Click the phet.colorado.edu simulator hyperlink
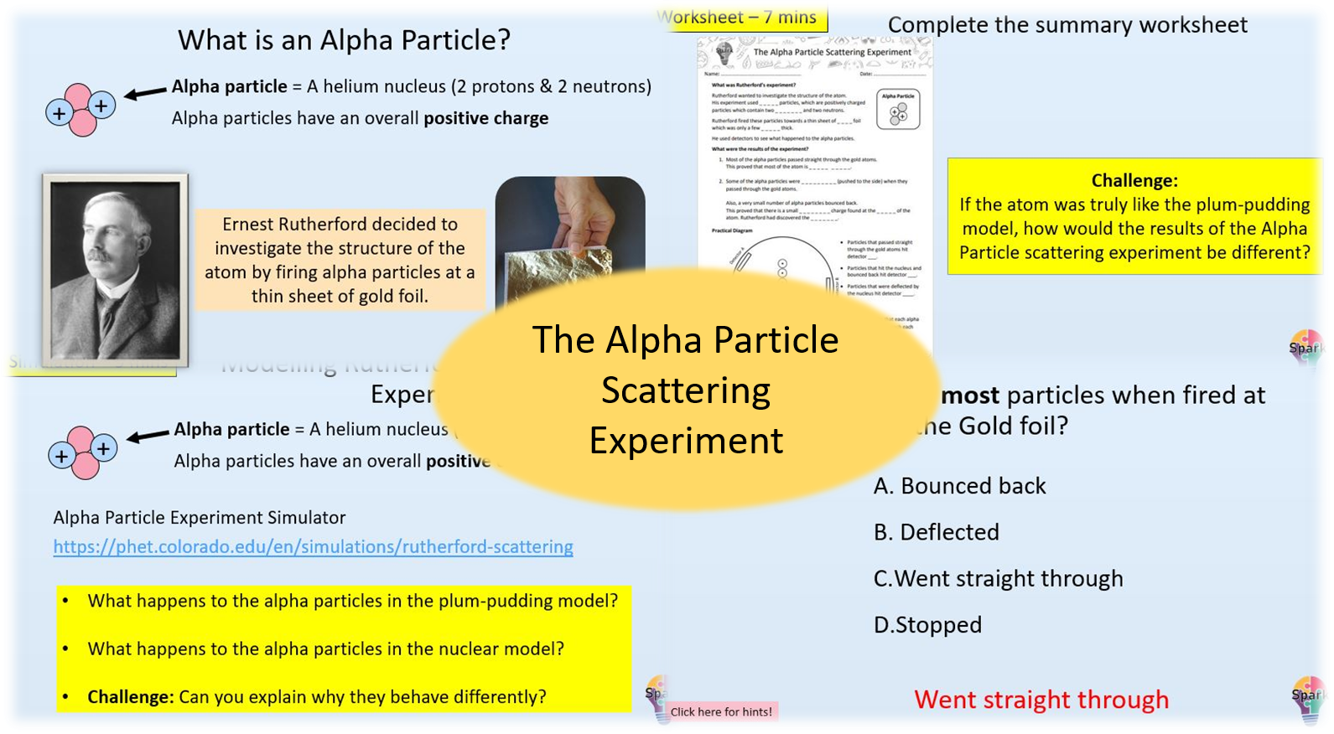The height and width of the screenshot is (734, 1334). [313, 547]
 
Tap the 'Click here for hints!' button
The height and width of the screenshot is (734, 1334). [721, 712]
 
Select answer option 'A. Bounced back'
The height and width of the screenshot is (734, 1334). [959, 486]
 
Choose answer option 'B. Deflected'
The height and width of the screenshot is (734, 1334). [936, 532]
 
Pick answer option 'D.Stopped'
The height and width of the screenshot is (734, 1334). [927, 625]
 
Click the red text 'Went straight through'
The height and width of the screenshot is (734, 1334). [1041, 700]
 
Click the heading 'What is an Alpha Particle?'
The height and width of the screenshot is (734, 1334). [344, 40]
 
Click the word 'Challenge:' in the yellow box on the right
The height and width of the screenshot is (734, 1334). [1134, 181]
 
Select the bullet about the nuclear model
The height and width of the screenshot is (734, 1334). [325, 649]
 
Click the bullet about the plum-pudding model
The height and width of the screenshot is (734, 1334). [352, 602]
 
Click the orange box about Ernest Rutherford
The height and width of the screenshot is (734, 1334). [340, 260]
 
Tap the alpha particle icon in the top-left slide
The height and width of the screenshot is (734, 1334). [80, 109]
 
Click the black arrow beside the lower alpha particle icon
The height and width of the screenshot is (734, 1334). [148, 436]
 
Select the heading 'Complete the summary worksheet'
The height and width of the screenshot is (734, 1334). [1067, 25]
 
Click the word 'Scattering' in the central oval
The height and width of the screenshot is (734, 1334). [685, 390]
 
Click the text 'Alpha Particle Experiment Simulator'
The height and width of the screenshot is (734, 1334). [200, 518]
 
